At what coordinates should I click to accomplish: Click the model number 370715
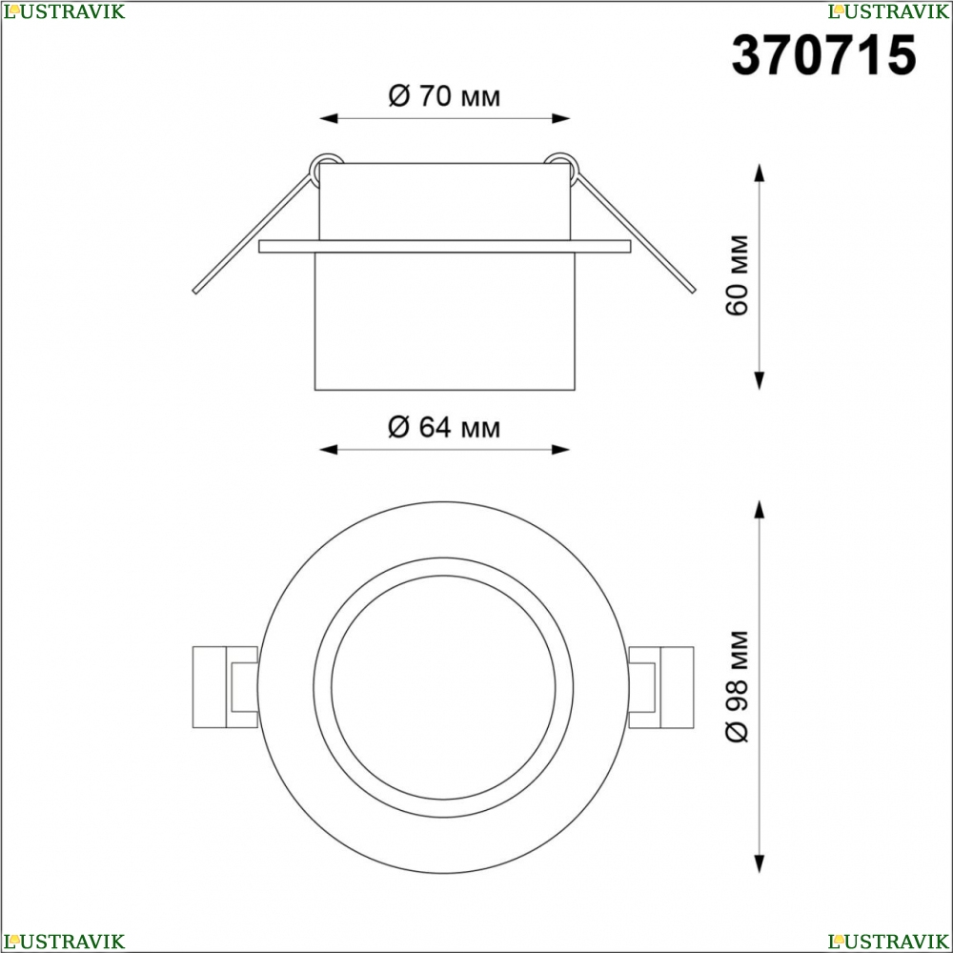pos(823,55)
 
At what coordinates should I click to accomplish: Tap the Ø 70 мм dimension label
pos(444,96)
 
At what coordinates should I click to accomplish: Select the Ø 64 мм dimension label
pos(444,427)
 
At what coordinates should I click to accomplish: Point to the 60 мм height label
pos(738,274)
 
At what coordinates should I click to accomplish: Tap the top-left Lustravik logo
pos(64,10)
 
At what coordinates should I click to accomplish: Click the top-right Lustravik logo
pos(888,10)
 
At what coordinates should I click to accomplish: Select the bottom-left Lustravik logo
pos(64,942)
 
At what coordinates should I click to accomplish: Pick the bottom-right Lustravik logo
pos(888,942)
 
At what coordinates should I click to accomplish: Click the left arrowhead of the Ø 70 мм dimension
pos(328,118)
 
